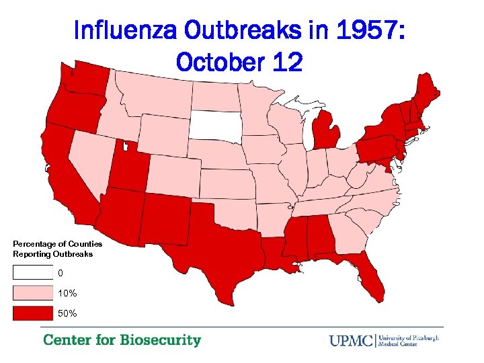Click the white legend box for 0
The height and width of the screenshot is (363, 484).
[x=32, y=273]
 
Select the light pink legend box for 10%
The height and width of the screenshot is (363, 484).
[x=32, y=293]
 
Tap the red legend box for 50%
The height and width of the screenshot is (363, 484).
[x=32, y=313]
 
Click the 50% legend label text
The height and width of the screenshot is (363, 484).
[x=67, y=314]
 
